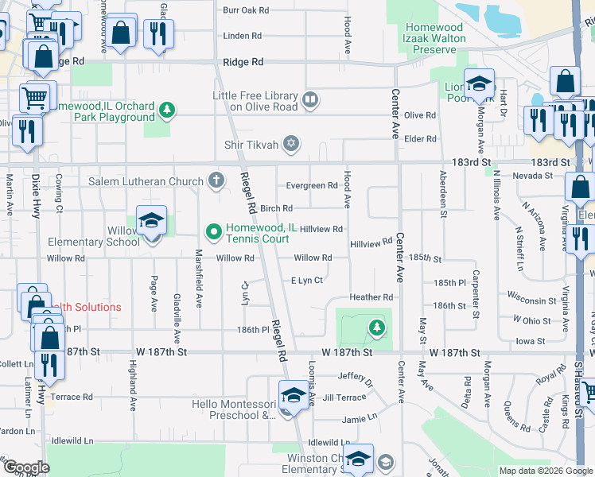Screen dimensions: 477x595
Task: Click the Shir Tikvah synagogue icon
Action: (x=292, y=144)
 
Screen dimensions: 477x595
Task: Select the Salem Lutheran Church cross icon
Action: (x=216, y=180)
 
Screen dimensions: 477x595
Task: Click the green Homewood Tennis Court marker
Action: (x=213, y=232)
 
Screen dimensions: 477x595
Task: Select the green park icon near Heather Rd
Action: (x=375, y=326)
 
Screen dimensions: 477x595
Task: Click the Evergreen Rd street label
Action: (x=312, y=185)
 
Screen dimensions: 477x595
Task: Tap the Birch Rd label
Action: (x=277, y=208)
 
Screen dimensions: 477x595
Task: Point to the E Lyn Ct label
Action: (x=306, y=280)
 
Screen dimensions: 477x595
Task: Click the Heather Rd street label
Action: (x=371, y=297)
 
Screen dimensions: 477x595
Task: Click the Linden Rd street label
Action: (x=243, y=36)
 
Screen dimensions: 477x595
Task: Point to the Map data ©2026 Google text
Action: (x=545, y=471)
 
